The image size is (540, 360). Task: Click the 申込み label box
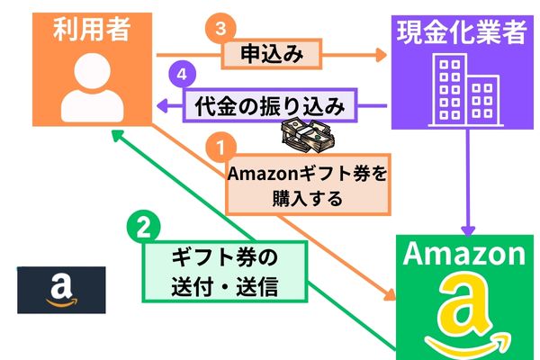coord(270,55)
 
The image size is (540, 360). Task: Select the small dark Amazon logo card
coord(61,290)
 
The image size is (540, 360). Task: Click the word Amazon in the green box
coord(463,254)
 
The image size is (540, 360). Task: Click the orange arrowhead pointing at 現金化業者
coord(384,55)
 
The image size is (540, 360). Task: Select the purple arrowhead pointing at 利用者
coord(162,107)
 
